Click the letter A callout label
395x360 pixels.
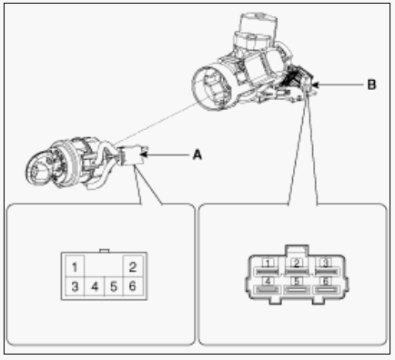(197, 155)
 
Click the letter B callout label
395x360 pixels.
(371, 85)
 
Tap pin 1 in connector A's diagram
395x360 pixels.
(75, 267)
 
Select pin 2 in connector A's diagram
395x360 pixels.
(133, 267)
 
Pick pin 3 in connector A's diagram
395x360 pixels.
(75, 286)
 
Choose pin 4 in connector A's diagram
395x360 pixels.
(95, 286)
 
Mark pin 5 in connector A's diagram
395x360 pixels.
(114, 286)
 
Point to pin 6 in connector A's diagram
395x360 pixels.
(133, 286)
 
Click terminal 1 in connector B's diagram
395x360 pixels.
(268, 267)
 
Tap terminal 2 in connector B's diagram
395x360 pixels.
(297, 267)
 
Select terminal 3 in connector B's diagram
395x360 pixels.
(326, 267)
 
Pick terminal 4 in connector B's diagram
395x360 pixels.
(268, 285)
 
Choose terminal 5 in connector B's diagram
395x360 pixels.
(297, 285)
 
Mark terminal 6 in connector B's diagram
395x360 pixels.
(326, 285)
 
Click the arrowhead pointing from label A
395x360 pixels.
(144, 155)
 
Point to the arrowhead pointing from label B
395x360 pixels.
(315, 85)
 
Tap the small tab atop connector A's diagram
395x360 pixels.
(104, 251)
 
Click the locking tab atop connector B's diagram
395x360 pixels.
(297, 251)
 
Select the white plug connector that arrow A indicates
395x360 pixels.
(131, 155)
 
